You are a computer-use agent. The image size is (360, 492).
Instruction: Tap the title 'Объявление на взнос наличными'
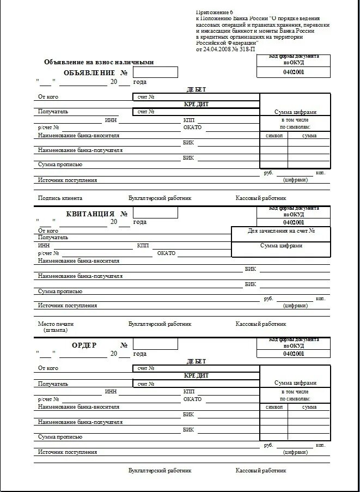coord(99,62)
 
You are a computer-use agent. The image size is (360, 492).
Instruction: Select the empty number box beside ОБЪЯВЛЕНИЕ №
coord(155,72)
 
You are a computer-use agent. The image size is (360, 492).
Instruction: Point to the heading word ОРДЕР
coord(84,345)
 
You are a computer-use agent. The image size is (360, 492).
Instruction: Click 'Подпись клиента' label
coord(60,198)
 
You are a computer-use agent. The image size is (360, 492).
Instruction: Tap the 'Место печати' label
coord(56,324)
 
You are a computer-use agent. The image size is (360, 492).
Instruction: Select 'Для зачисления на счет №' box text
coord(281,231)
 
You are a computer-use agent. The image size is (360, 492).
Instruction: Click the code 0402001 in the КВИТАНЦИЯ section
coord(294,222)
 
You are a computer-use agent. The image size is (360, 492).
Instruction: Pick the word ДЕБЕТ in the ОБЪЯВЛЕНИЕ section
coord(196,89)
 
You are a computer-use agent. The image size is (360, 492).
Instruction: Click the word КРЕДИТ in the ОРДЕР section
coord(196,375)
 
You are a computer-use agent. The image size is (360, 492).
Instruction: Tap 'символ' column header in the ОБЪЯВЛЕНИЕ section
coord(274,135)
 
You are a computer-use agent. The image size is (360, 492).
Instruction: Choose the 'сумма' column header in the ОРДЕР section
coord(309,407)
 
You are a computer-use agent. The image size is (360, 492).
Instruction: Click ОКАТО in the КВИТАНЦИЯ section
coord(166,253)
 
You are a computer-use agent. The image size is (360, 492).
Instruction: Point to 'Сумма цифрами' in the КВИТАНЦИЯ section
coord(281,246)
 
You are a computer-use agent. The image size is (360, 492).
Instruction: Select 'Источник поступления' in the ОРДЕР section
coord(67,452)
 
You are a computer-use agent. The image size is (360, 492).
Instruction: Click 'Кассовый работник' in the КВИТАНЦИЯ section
coord(260,324)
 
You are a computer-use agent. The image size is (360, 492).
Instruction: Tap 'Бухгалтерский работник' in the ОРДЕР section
coord(160,470)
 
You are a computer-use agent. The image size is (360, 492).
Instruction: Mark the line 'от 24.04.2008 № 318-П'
coord(225,49)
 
